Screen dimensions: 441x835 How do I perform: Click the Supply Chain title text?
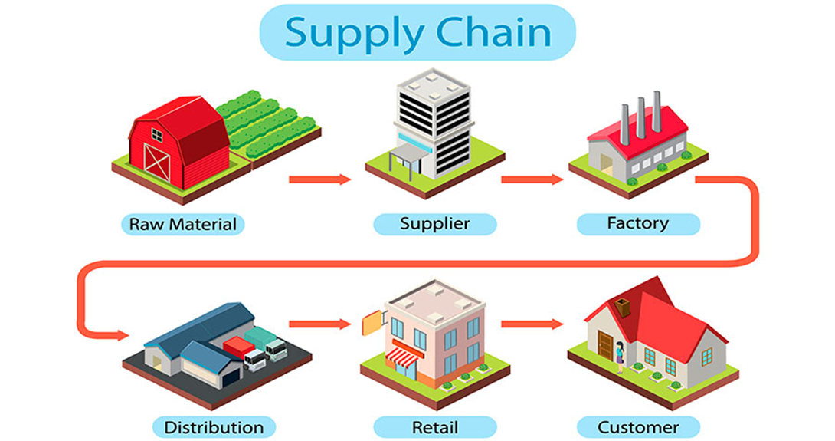coord(417,32)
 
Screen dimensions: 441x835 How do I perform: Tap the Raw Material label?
coord(182,225)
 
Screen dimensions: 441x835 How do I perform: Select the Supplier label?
coord(434,224)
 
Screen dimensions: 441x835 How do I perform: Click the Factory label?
coord(637,223)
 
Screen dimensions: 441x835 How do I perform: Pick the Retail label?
coord(434,426)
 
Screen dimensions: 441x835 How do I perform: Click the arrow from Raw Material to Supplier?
coord(319,180)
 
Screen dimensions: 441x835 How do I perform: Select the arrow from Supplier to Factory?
coord(532,180)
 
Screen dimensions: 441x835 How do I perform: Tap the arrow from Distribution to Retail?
coord(319,324)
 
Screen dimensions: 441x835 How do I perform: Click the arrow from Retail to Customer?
coord(532,324)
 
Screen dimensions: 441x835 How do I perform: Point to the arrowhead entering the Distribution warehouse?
coord(120,335)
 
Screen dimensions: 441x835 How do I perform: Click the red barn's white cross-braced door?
coord(156,160)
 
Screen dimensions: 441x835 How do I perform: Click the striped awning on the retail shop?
coord(401,355)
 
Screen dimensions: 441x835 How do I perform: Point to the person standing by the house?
coord(619,352)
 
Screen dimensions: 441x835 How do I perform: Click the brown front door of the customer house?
coord(605,345)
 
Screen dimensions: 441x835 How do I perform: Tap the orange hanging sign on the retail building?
coord(372,322)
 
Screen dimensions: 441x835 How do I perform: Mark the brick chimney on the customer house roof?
coord(623,308)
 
